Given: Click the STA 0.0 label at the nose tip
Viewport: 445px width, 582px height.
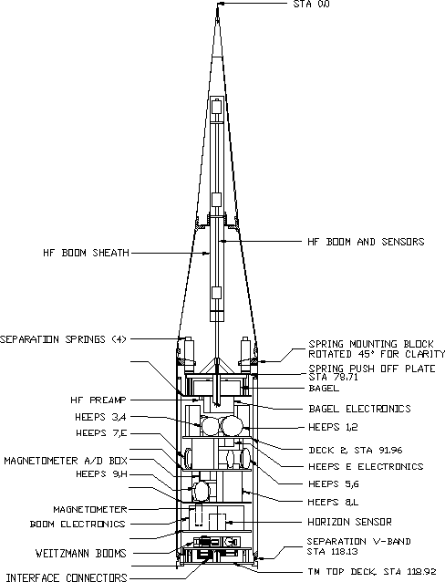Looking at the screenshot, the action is point(311,4).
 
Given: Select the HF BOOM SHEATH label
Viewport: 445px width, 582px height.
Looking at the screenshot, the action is point(86,253).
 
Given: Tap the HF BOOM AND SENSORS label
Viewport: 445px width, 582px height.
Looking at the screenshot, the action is point(366,242).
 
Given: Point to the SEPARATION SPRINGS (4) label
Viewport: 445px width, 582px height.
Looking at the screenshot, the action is point(64,339).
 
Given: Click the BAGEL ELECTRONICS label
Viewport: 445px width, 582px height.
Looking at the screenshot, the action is point(359,409).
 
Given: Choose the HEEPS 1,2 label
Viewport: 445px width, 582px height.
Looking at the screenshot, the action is point(333,427).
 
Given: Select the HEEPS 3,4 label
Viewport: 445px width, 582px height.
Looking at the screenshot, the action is point(100,417).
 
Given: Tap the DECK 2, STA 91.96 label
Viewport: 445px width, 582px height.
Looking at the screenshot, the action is point(356,451).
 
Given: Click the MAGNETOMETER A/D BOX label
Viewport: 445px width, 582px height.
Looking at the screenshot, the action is point(66,461).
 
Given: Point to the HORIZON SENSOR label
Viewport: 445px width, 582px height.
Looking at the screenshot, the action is point(349,522).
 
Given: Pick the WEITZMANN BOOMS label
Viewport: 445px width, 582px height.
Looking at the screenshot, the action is point(81,553).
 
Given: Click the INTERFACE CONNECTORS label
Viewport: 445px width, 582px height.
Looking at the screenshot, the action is point(67,577).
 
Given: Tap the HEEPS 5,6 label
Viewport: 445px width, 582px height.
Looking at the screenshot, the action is point(333,484).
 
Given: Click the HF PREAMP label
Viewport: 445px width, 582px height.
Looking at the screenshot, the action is point(98,400).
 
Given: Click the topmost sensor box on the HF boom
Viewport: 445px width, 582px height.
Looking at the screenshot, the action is point(216,108).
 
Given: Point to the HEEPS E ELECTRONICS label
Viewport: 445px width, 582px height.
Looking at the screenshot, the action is point(366,466).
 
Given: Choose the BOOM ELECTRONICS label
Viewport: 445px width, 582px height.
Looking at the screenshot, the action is point(78,525).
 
